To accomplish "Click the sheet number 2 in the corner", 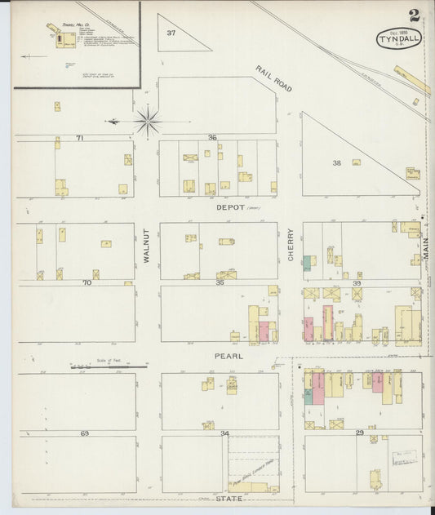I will click(x=415, y=15).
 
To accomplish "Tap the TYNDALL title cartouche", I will click(x=398, y=38).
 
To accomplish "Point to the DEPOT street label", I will click(x=231, y=208).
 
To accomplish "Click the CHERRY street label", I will click(x=291, y=245).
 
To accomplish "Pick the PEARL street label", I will click(x=229, y=356).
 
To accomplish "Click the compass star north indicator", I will click(x=148, y=122).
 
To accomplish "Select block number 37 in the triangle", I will click(x=171, y=33).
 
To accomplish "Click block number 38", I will click(x=336, y=162).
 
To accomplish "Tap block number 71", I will click(x=80, y=139).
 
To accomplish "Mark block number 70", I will click(x=86, y=282).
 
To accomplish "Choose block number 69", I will click(x=84, y=433).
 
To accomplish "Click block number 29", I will click(x=359, y=433).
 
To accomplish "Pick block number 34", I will click(x=224, y=433).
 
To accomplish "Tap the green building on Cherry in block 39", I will click(x=308, y=263).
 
